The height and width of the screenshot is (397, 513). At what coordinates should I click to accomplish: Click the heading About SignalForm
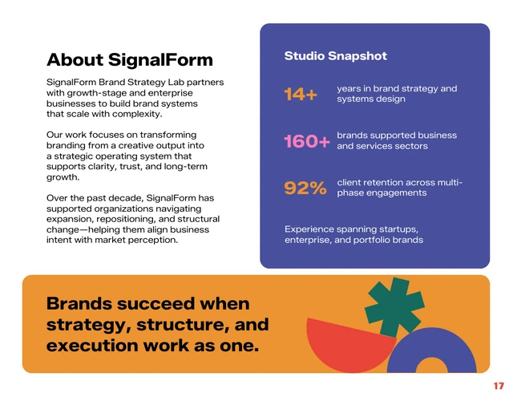point(129,60)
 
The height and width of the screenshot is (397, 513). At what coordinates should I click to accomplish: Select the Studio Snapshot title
point(335,56)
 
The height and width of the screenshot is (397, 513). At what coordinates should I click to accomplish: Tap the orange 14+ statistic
point(301,95)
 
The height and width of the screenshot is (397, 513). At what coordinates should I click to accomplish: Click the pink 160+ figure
point(306,141)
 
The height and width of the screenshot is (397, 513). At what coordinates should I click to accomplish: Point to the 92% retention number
point(305,188)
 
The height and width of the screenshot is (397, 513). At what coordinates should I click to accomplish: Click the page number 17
point(498,386)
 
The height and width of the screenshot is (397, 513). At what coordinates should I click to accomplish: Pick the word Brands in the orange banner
point(79,304)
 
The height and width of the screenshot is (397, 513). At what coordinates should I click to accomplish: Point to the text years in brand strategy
point(396,88)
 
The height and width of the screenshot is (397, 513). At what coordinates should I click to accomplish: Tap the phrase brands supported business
point(396,136)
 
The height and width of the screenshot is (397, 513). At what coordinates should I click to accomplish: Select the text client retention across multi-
point(398,183)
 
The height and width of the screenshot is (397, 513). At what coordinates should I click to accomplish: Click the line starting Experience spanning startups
point(351,229)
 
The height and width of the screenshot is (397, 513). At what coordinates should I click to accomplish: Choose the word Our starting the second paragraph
point(56,134)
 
